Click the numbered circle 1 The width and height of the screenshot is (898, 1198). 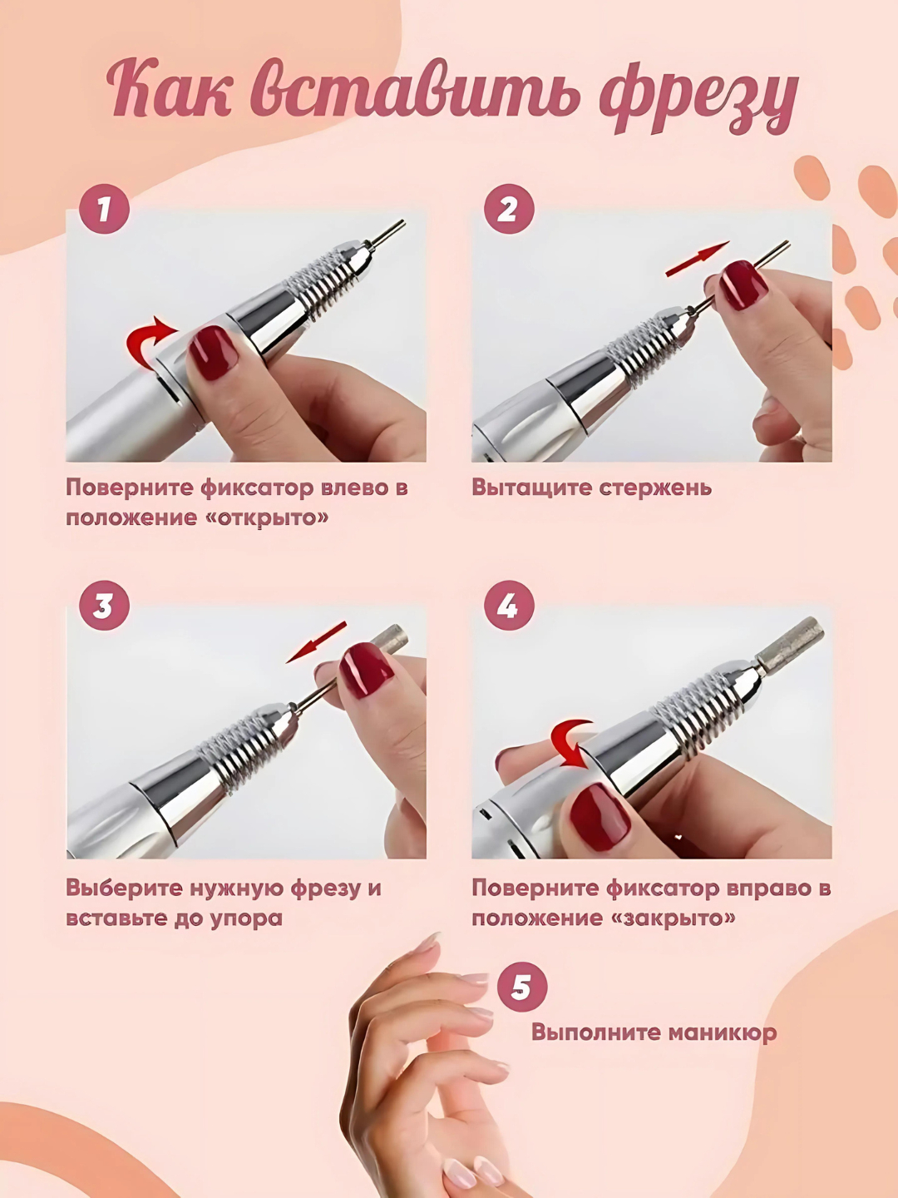click(x=104, y=210)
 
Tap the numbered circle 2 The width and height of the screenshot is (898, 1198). click(x=508, y=210)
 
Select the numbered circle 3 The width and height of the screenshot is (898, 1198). click(x=104, y=606)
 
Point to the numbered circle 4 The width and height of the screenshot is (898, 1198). click(x=508, y=606)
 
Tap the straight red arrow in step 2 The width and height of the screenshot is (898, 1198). click(x=698, y=259)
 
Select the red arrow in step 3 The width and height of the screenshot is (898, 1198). click(x=316, y=641)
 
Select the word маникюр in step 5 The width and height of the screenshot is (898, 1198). click(x=708, y=1032)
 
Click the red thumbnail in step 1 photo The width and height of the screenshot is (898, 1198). click(x=212, y=352)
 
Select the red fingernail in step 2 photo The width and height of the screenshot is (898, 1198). click(x=743, y=283)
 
